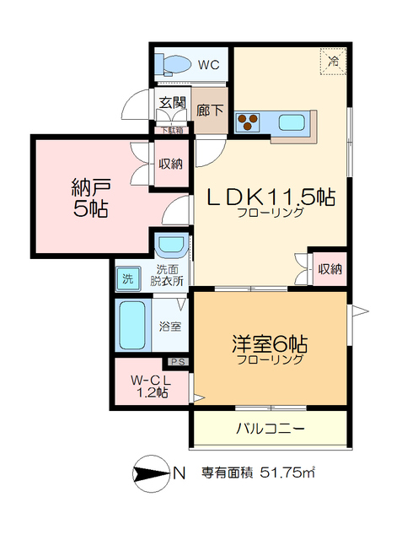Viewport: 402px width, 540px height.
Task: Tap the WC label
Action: [209, 63]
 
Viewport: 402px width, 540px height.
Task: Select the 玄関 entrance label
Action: [172, 105]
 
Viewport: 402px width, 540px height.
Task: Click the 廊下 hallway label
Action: [210, 110]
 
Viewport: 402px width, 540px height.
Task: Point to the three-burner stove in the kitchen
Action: [247, 122]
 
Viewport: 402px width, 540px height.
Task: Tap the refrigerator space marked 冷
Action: [334, 62]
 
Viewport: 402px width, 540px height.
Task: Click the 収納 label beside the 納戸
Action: [171, 164]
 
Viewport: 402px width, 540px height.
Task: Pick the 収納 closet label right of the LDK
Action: [330, 269]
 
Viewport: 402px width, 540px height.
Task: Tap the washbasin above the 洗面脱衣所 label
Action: [172, 246]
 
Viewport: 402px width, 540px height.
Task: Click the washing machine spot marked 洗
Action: [127, 278]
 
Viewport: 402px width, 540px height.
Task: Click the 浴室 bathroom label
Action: [170, 327]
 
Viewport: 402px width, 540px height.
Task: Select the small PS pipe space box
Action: [179, 362]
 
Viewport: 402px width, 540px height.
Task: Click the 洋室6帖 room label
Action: [270, 345]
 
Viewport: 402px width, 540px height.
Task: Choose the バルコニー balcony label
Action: [270, 429]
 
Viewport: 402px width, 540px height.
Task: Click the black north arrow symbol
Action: [150, 473]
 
